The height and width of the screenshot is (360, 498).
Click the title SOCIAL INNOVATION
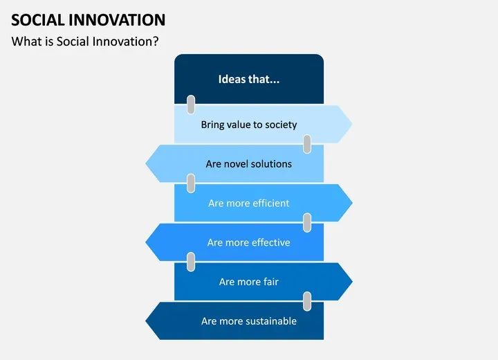[x=89, y=20]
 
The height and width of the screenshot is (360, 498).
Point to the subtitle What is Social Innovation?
[x=85, y=42]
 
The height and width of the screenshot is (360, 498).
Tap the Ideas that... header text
[x=249, y=79]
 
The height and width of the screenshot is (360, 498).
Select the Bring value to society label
[x=249, y=125]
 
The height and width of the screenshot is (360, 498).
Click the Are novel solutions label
[x=249, y=164]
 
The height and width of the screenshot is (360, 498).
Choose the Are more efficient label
[x=249, y=204]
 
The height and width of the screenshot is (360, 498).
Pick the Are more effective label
[x=249, y=242]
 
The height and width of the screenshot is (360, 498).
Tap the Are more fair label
[x=249, y=282]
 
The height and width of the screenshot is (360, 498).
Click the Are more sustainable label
[x=249, y=321]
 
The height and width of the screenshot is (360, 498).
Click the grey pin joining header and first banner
[x=191, y=105]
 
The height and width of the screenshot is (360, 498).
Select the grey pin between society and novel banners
[x=307, y=144]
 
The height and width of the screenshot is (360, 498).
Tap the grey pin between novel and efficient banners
[x=191, y=183]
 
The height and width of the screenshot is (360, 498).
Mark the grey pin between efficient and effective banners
[x=307, y=223]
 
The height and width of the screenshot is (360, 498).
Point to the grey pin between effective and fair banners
[x=191, y=262]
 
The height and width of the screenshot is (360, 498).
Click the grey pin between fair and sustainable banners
[x=307, y=301]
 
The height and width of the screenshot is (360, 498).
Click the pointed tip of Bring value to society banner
[x=352, y=124]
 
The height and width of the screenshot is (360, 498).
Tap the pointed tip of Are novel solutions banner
[x=146, y=163]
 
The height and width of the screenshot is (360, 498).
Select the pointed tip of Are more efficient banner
[x=352, y=203]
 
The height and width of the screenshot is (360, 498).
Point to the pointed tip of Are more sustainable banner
[x=146, y=321]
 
